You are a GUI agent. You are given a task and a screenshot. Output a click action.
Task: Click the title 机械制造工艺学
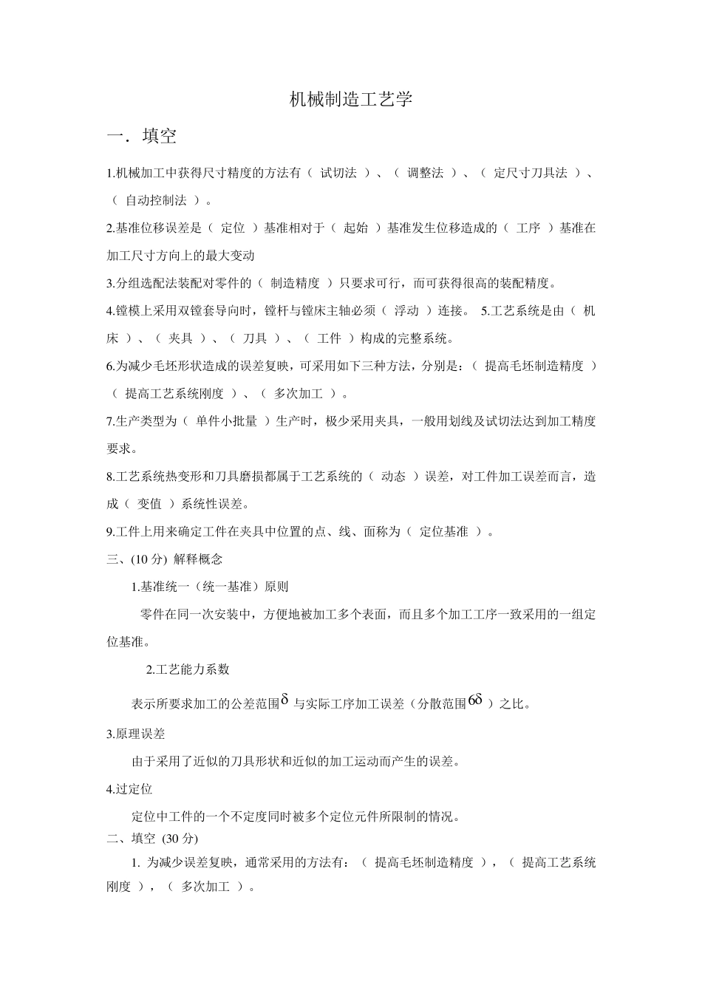[351, 100]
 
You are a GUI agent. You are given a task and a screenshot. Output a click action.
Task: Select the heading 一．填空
[142, 137]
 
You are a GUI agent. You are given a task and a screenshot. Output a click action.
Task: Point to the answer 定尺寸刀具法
[530, 173]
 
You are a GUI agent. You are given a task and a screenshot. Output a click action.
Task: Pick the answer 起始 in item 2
[355, 228]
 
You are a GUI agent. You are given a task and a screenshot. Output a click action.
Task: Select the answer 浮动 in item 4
[406, 311]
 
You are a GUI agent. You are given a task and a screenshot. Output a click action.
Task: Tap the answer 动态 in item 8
[393, 477]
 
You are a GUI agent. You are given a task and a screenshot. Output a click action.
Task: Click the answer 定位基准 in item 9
[443, 532]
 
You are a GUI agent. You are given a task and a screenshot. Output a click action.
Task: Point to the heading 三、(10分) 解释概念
[165, 559]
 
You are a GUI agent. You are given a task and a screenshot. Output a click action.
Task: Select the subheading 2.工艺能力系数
[188, 669]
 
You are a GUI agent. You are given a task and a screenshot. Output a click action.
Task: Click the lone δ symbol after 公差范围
[284, 699]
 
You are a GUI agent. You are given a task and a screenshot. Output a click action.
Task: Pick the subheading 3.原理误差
[136, 734]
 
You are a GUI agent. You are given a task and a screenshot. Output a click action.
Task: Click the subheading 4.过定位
[129, 789]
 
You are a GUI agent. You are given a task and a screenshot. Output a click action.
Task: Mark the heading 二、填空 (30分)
[153, 839]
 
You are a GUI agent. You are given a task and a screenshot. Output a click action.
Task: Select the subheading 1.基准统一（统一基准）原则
[209, 587]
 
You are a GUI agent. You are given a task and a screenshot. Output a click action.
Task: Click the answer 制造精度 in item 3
[295, 283]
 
